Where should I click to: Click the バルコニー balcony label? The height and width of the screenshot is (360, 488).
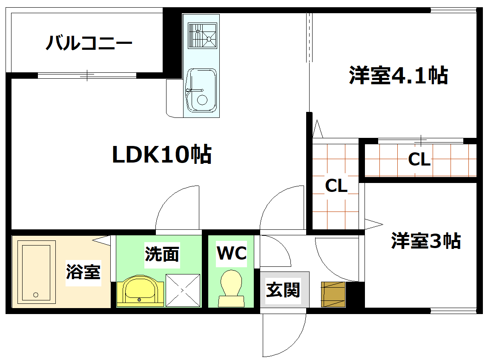[x=89, y=43]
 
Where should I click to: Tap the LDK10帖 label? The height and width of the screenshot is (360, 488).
[x=162, y=155]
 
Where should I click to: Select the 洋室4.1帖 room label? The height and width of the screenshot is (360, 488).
[x=398, y=76]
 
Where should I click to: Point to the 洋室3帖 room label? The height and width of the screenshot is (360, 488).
[x=426, y=241]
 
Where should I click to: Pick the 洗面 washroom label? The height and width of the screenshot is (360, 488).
[x=162, y=254]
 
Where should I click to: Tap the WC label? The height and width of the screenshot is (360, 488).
[x=232, y=253]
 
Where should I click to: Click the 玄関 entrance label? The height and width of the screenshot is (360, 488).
[x=283, y=290]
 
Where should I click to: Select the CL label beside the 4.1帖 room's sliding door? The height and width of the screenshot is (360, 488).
[x=419, y=160]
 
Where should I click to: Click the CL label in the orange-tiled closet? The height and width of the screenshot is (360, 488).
[x=336, y=186]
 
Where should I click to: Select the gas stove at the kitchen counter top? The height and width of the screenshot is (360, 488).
[x=202, y=35]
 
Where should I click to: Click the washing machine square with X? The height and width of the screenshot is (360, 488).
[x=183, y=290]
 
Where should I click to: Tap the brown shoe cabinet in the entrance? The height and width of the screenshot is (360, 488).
[x=333, y=294]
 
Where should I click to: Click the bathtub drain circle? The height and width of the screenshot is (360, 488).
[x=36, y=294]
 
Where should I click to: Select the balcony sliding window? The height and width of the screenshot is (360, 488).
[x=87, y=76]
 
